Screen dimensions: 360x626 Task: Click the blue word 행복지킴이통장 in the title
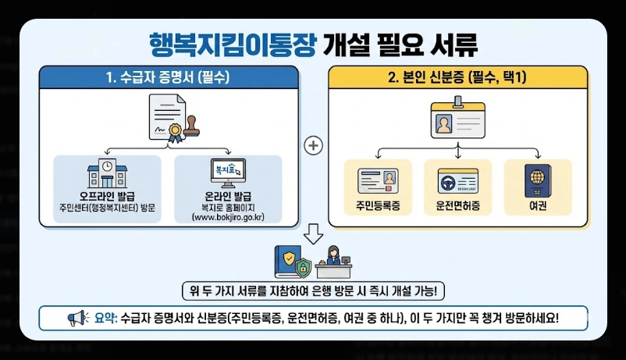(x=231, y=42)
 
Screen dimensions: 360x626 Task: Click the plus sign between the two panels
(x=313, y=145)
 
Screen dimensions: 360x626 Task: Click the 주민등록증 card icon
(x=377, y=182)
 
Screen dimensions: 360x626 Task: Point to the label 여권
(x=537, y=208)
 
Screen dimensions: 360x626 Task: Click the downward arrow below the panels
(x=313, y=233)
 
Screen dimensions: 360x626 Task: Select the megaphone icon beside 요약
(x=77, y=319)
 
